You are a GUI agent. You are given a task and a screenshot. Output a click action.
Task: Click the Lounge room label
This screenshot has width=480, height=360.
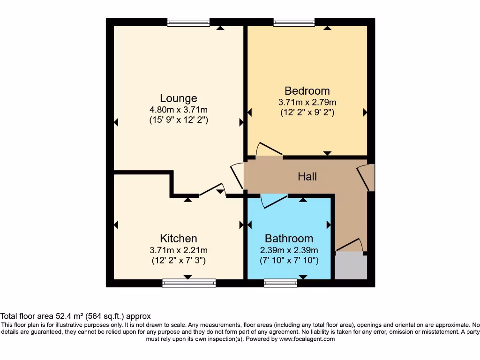178,98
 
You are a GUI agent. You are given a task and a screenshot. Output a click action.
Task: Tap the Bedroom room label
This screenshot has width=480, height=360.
307,90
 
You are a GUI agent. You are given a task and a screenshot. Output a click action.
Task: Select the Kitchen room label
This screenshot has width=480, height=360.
178,238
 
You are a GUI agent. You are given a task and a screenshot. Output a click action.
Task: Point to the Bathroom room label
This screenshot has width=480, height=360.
289,238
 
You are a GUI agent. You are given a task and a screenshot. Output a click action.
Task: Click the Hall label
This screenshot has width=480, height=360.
307,176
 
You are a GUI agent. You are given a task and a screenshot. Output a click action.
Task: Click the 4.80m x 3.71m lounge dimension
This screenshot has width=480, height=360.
178,110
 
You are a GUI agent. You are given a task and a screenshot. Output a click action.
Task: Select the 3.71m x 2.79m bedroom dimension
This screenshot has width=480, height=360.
307,102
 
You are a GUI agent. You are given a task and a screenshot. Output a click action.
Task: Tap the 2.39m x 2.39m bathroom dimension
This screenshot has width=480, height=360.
289,249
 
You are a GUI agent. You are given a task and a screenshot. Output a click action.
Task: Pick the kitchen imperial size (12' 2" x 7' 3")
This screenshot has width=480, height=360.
178,260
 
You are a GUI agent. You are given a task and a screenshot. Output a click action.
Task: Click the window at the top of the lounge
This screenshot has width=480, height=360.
188,22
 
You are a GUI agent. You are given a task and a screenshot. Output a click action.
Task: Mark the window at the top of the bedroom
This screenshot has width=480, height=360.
294,22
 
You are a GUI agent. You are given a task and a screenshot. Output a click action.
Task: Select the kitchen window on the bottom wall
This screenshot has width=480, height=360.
189,283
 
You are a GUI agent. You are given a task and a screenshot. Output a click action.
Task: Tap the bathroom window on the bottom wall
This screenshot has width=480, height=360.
280,283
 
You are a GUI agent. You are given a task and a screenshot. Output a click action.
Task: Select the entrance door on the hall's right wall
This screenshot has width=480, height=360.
366,177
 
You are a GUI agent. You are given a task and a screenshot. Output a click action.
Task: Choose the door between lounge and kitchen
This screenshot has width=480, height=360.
212,190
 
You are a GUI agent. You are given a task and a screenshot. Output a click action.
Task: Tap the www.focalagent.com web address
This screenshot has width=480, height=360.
307,339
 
